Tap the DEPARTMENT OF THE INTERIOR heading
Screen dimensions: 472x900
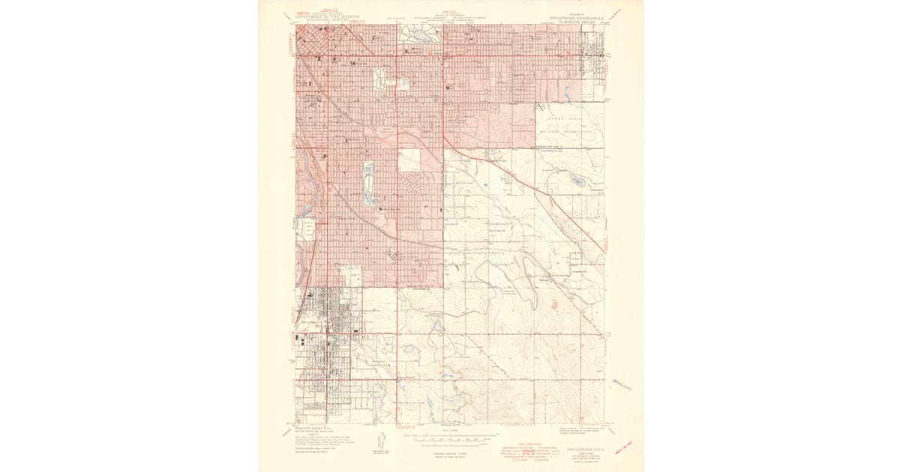pyautogui.click(x=327, y=16)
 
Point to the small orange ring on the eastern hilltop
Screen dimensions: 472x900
pyautogui.click(x=554, y=305)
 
